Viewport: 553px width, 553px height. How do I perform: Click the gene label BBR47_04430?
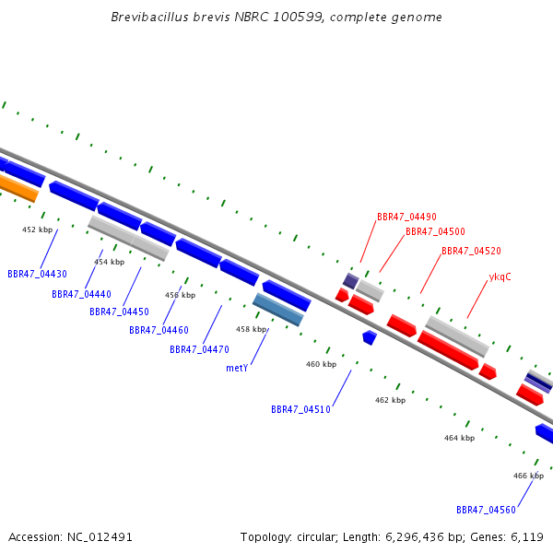pos(37,274)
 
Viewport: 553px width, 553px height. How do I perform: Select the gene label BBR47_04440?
pos(81,294)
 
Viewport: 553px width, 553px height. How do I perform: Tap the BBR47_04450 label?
pos(119,312)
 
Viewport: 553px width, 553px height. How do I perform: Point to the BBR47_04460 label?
pos(159,330)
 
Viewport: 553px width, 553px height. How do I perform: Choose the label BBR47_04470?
pos(199,349)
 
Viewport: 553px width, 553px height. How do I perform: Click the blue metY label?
pos(237,368)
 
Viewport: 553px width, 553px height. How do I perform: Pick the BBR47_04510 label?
pos(300,409)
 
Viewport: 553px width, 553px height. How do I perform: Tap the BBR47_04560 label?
pos(486,510)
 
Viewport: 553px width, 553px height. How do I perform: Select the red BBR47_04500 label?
pos(435,231)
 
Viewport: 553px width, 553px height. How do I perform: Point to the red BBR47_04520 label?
pos(471,251)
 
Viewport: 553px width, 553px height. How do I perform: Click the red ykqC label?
pos(500,276)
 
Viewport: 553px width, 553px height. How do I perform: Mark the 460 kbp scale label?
pos(321,364)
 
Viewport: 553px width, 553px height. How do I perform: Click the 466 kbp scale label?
pos(528,476)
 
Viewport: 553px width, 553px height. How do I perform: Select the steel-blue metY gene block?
pos(277,310)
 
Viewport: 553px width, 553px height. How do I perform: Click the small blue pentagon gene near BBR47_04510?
pos(370,337)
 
